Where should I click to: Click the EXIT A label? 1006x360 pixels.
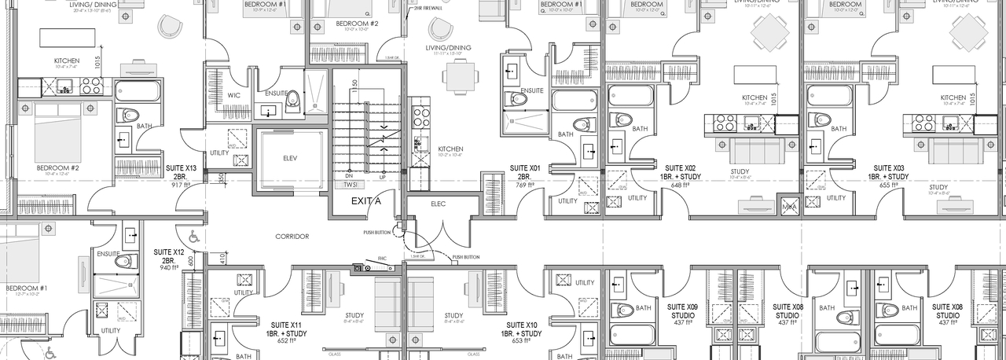(365, 202)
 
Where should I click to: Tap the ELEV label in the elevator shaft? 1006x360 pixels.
(290, 157)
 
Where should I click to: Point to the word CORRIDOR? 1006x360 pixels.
(292, 236)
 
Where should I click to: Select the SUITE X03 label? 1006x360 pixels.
(888, 167)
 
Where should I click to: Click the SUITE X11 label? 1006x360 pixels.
(285, 325)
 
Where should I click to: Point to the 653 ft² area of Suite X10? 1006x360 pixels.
(522, 342)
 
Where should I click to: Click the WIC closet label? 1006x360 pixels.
(233, 95)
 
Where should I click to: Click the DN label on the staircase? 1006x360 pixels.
(349, 176)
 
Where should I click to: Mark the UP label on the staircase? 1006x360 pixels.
(382, 176)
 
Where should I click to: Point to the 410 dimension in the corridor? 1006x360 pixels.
(222, 257)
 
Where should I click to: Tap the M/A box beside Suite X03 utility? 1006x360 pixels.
(788, 207)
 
